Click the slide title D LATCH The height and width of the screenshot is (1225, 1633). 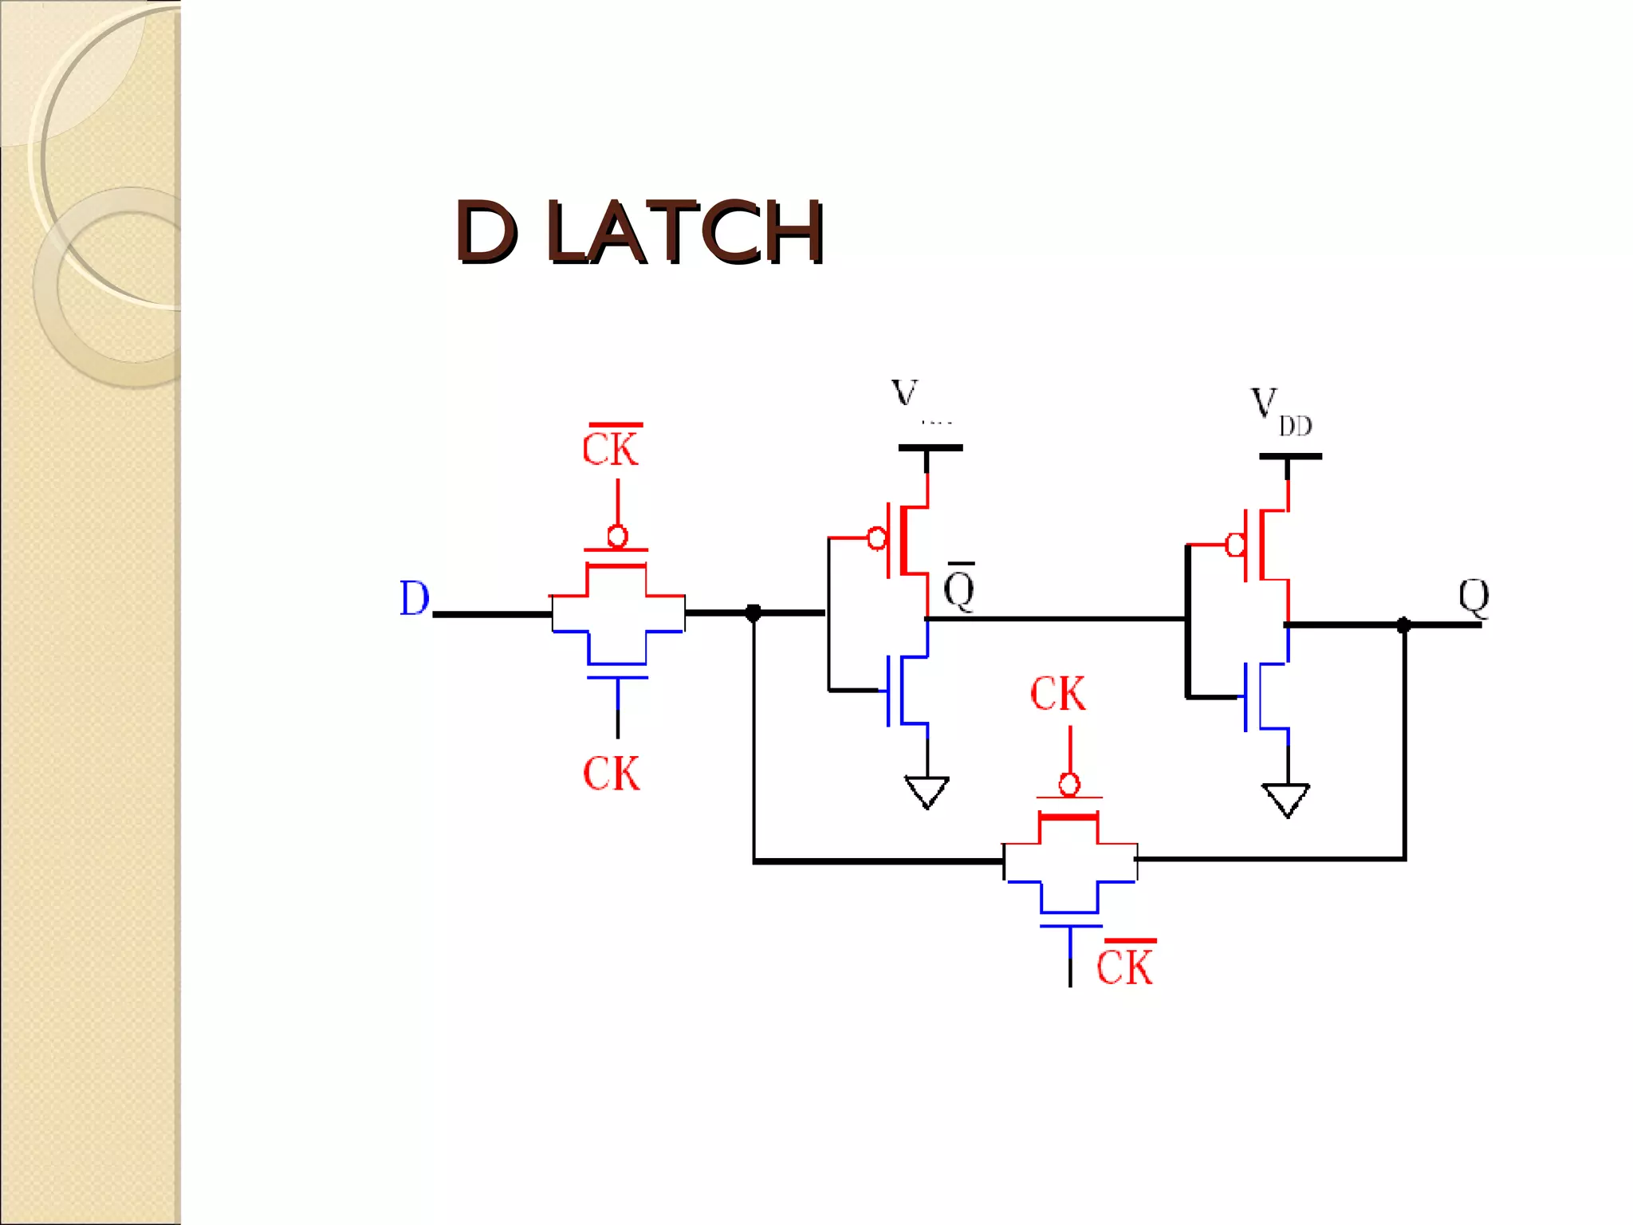coord(640,232)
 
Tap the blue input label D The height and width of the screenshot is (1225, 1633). coord(414,598)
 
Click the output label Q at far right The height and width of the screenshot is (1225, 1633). coord(1474,597)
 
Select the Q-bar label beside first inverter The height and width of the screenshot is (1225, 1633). coord(959,589)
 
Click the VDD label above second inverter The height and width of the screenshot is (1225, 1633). coord(1279,412)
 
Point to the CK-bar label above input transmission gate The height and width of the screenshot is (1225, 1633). coord(611,447)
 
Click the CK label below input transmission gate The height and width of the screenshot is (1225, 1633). coord(611,774)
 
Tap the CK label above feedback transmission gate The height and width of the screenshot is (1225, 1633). coord(1057,693)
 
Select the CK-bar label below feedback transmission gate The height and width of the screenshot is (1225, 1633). coord(1125,966)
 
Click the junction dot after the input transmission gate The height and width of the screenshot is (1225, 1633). coord(753,612)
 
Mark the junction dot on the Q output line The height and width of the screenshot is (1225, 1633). coord(1404,624)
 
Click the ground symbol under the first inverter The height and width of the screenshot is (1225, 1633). coord(927,792)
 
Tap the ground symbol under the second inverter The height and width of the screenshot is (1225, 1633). coord(1286,800)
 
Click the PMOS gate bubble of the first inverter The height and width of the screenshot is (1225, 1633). coord(876,538)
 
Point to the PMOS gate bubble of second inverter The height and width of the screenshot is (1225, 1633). coord(1235,545)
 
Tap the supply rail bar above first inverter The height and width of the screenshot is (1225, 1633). coord(930,448)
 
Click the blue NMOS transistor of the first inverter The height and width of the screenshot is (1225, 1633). coord(905,690)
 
